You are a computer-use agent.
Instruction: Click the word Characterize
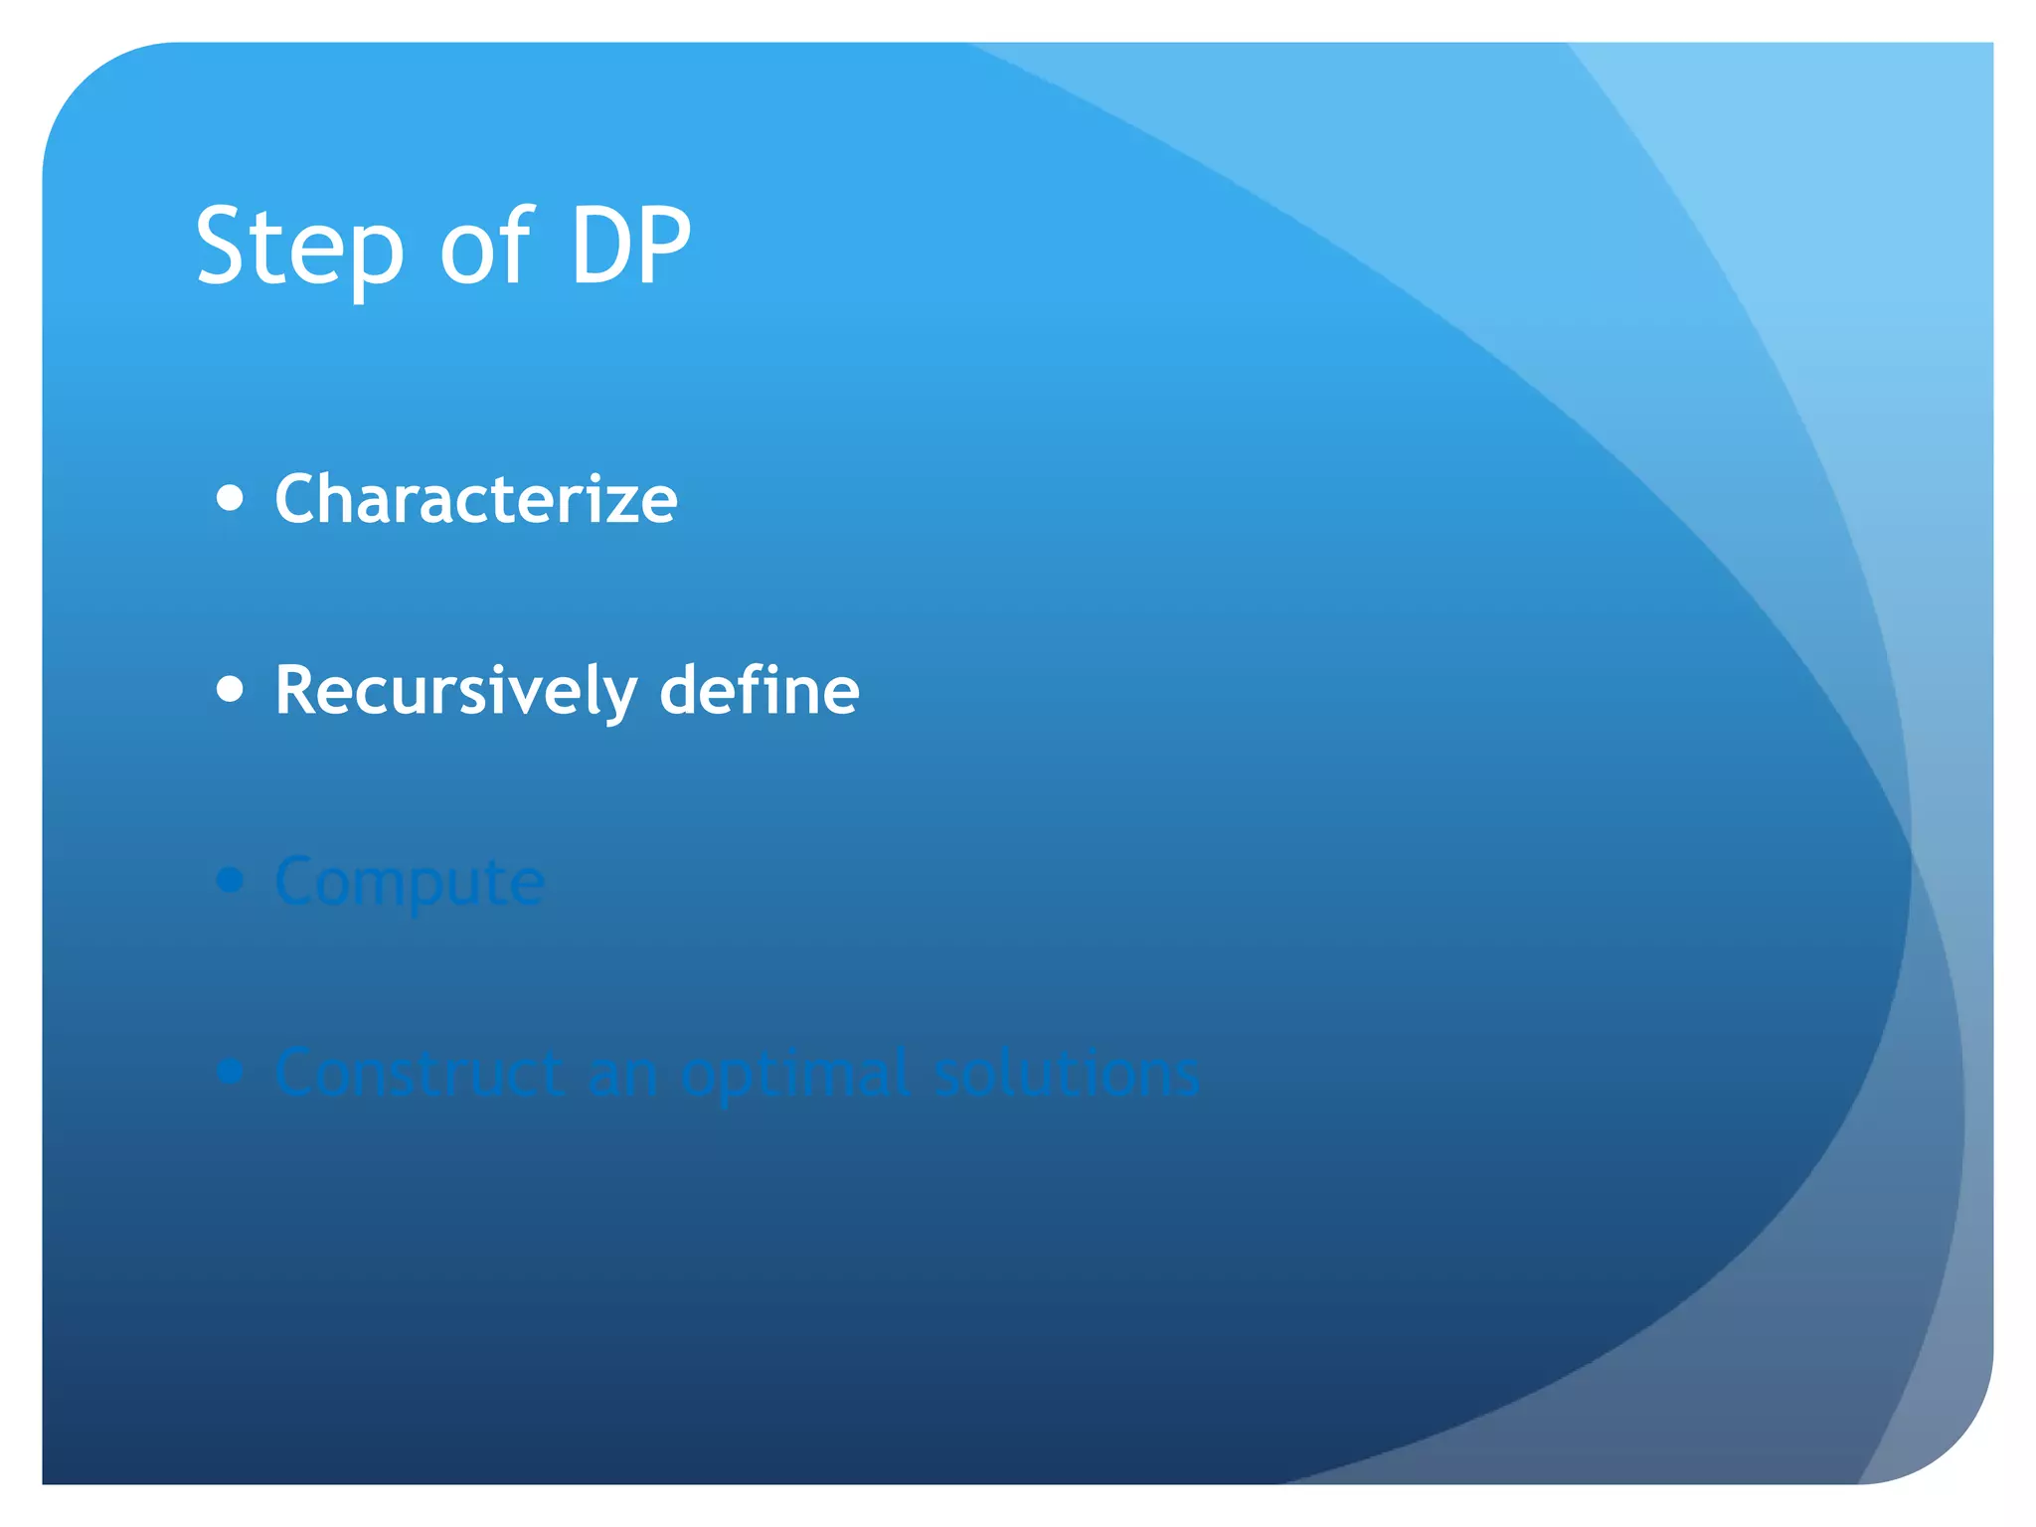pyautogui.click(x=476, y=498)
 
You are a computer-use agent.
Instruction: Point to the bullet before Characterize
pyautogui.click(x=230, y=497)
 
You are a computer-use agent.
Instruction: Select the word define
pyautogui.click(x=760, y=690)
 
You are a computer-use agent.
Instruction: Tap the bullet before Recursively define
pyautogui.click(x=230, y=689)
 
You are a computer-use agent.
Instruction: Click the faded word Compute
pyautogui.click(x=410, y=882)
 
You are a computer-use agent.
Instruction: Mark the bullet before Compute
pyautogui.click(x=230, y=880)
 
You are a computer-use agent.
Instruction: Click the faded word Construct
pyautogui.click(x=420, y=1073)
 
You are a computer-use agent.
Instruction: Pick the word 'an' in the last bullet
pyautogui.click(x=622, y=1075)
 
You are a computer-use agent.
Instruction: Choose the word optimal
pyautogui.click(x=795, y=1074)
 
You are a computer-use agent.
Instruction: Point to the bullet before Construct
pyautogui.click(x=230, y=1071)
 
